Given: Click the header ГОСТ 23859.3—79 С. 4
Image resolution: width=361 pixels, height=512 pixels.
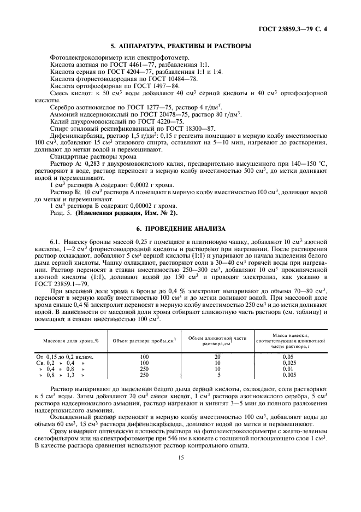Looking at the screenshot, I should click(311, 26).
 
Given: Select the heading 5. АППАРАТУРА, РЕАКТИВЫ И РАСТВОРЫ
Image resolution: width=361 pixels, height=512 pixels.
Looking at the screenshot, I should click(180, 45).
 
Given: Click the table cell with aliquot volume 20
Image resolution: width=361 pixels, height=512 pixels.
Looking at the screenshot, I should click(217, 356).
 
